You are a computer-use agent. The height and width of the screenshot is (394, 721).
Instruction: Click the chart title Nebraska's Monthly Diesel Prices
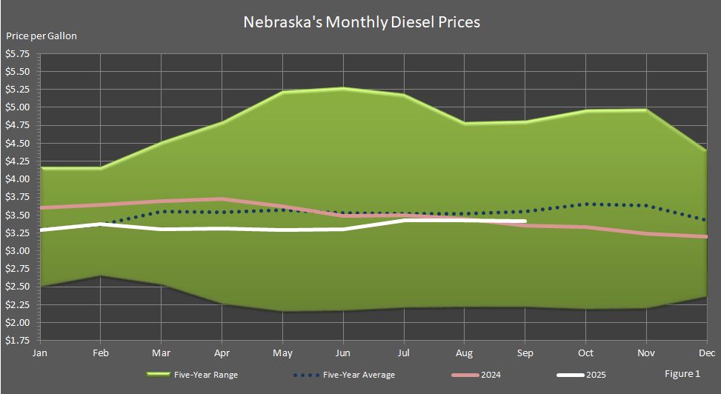[362, 22]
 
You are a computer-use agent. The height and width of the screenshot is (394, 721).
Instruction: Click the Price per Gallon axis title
[41, 36]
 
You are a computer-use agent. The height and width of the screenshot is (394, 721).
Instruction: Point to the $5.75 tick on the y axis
[18, 54]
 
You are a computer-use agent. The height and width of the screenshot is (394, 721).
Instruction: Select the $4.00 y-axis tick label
[18, 179]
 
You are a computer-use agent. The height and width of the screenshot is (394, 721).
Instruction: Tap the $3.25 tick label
[18, 233]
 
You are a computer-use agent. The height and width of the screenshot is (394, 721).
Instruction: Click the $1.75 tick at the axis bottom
[18, 341]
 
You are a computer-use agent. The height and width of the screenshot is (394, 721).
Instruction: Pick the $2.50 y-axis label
[18, 287]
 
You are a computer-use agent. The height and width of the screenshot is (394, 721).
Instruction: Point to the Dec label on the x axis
[706, 353]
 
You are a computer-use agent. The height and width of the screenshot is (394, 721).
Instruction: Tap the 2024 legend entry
[490, 375]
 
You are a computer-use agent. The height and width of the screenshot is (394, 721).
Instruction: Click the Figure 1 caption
[681, 374]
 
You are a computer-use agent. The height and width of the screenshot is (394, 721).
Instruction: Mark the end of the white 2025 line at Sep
[524, 221]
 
